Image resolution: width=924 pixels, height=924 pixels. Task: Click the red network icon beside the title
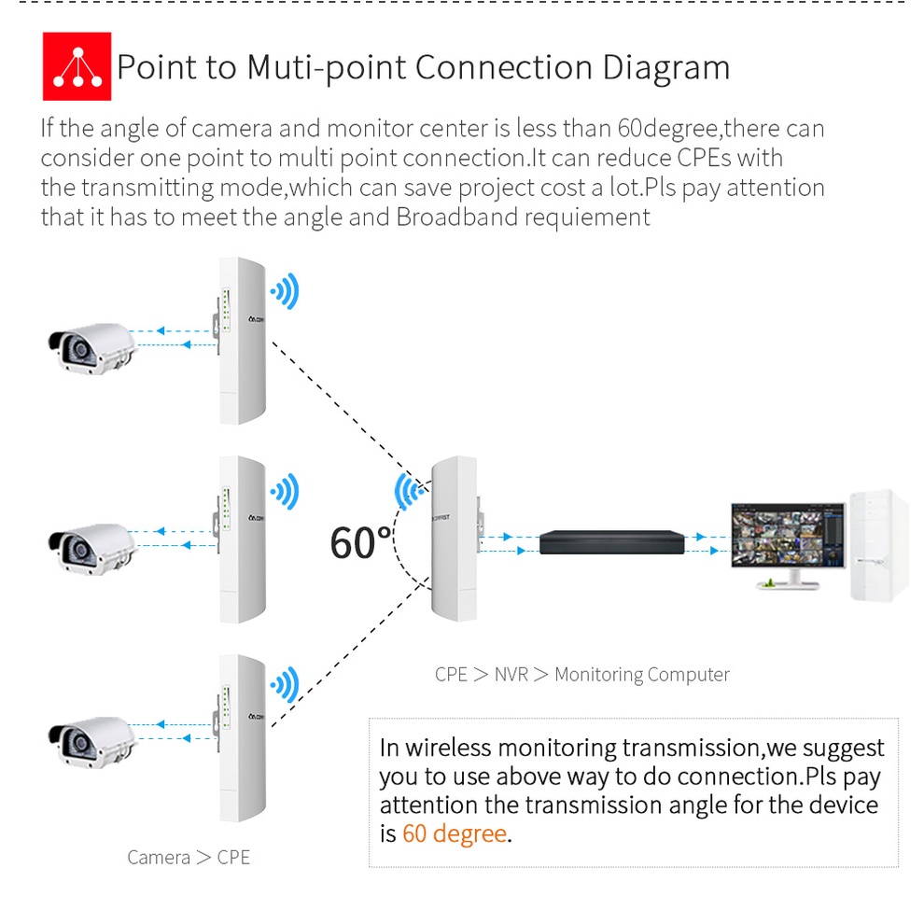click(77, 66)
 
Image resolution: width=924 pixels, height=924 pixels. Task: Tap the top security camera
click(89, 346)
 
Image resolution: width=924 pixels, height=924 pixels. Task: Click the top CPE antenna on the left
click(242, 340)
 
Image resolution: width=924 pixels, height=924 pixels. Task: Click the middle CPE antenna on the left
click(242, 539)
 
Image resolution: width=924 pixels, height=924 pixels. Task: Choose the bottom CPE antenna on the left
click(242, 737)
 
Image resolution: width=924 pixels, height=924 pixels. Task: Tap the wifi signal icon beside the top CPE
click(286, 292)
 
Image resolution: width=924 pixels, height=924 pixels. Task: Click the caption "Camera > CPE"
click(189, 857)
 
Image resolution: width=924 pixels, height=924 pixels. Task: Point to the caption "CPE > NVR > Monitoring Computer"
click(581, 674)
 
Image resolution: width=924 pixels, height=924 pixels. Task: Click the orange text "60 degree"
click(455, 833)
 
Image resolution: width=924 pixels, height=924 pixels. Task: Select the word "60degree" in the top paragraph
click(669, 128)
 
